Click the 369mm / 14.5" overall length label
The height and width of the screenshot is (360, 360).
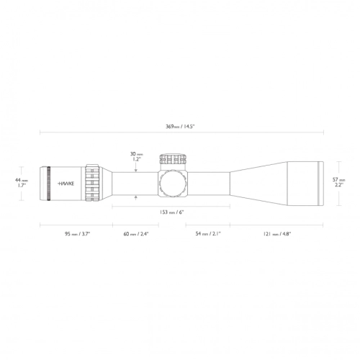[x=181, y=127]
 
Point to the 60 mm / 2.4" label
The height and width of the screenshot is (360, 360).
[x=136, y=234]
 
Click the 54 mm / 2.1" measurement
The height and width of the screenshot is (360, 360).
[x=209, y=234]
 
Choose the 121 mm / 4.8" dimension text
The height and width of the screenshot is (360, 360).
[x=277, y=234]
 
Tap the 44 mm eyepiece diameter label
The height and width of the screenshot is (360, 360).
[x=24, y=179]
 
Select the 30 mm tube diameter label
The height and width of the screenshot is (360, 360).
[x=137, y=153]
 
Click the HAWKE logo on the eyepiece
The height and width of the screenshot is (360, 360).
[x=67, y=182]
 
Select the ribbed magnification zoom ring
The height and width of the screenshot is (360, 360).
[x=91, y=182]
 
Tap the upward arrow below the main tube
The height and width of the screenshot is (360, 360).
[x=137, y=197]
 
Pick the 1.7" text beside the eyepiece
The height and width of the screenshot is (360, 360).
[x=24, y=186]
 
